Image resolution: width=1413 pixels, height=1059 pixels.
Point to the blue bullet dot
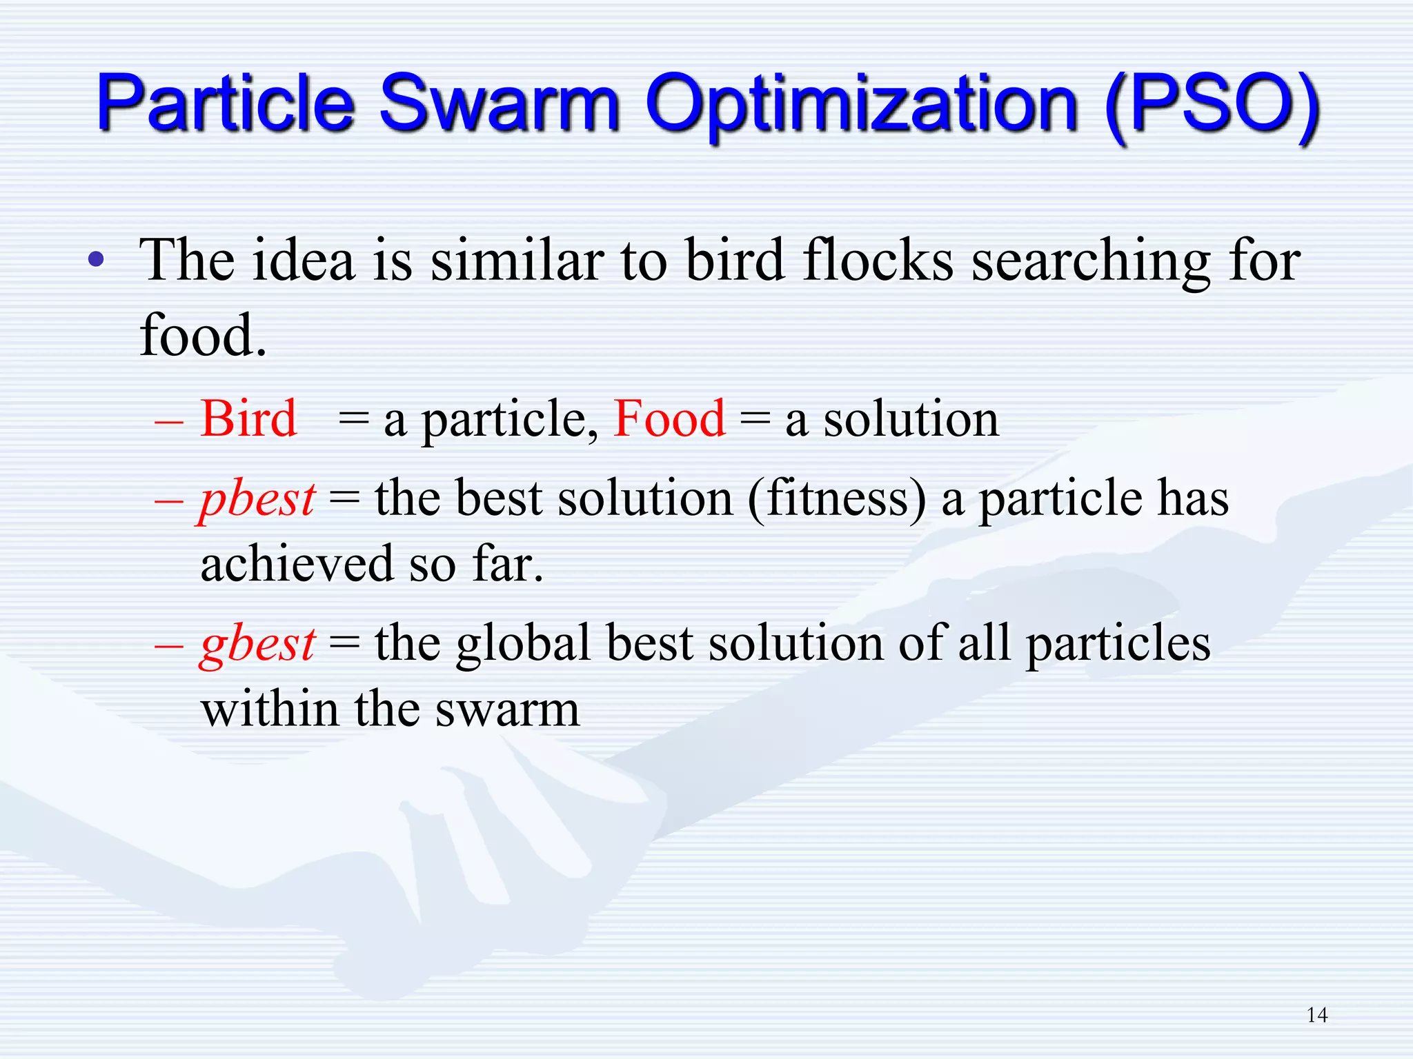pos(97,261)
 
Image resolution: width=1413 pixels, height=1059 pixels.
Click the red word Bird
pos(248,418)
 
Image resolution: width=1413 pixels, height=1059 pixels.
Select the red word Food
pos(669,418)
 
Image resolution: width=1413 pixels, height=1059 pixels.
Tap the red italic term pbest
pos(257,498)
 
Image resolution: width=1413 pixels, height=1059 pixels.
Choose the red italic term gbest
pos(257,644)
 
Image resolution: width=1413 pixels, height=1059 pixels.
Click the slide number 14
pos(1317,1015)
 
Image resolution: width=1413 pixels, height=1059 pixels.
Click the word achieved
pos(297,564)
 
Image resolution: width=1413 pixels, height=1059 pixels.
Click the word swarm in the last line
pos(508,709)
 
